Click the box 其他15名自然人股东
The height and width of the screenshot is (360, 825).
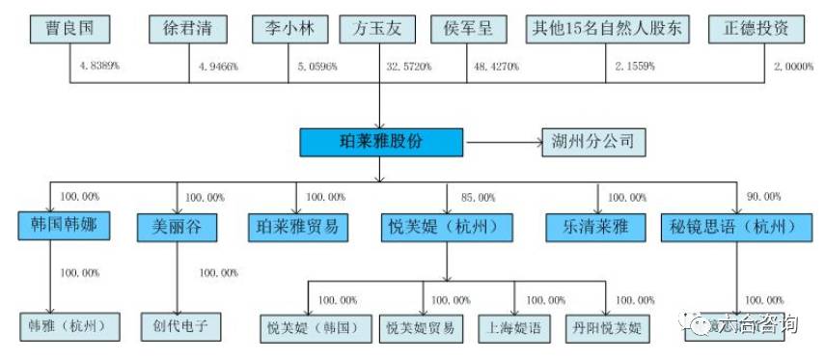coord(609,28)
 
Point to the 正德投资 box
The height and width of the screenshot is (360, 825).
coord(756,28)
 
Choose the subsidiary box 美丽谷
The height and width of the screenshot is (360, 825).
coord(178,227)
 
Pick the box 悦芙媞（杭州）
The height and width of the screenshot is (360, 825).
coord(446,227)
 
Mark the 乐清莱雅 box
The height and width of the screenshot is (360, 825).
coord(600,227)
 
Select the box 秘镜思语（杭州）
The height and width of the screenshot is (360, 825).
coord(739,227)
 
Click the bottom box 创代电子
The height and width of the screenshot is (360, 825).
coord(180,327)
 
